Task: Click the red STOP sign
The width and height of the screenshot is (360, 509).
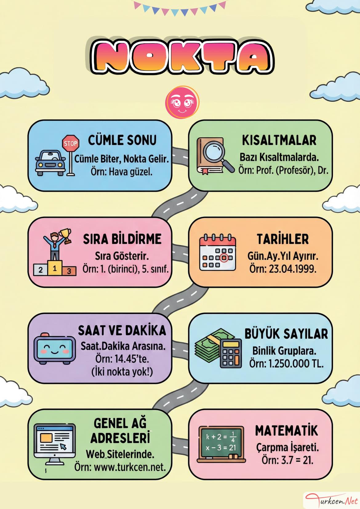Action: [71, 143]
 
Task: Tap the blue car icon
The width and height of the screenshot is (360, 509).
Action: [50, 163]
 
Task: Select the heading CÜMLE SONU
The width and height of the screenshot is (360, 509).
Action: [122, 140]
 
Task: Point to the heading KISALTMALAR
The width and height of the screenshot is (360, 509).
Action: [279, 140]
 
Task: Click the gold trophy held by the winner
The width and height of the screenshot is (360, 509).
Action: [66, 236]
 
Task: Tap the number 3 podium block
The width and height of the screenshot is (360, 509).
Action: [69, 271]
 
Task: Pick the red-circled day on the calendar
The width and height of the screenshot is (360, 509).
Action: [224, 258]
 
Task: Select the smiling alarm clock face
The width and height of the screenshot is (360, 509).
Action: [54, 350]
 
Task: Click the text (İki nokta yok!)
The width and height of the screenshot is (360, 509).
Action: [122, 372]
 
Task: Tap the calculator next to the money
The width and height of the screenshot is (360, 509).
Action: [231, 353]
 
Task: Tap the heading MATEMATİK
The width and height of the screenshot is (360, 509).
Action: [286, 430]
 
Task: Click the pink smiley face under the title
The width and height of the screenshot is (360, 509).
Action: [182, 102]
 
